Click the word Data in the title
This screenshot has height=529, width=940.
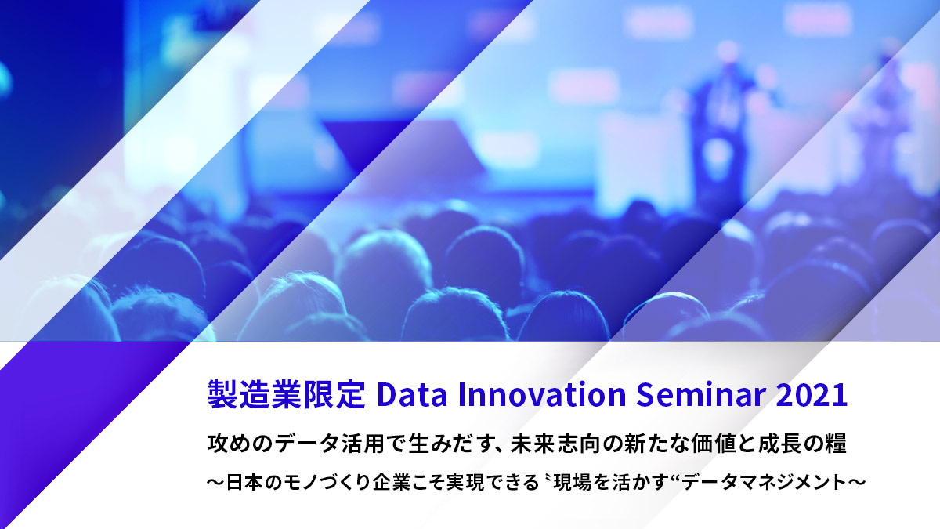[412, 395]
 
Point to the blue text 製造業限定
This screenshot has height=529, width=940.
[287, 395]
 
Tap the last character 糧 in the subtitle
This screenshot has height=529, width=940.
[836, 444]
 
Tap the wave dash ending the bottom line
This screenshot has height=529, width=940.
[857, 483]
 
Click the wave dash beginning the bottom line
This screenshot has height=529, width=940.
[216, 483]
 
